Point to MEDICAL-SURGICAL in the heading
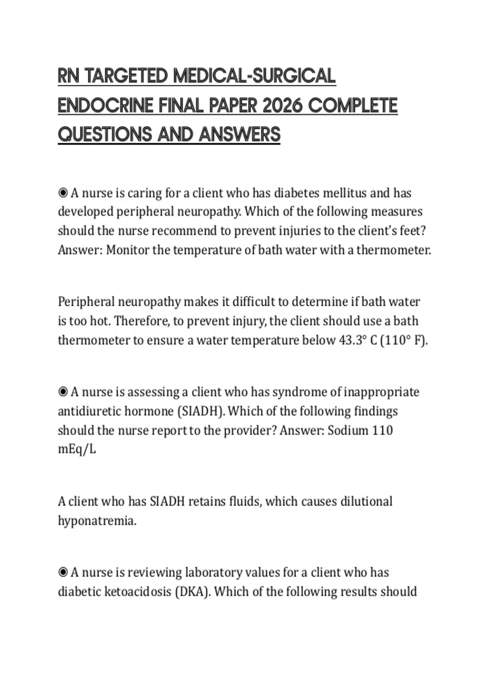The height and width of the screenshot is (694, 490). [254, 76]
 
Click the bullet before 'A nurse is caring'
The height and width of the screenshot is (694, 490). [63, 192]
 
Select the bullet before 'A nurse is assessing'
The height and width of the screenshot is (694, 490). [63, 392]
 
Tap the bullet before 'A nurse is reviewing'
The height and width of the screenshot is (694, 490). [63, 572]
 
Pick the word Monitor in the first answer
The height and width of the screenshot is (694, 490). [127, 250]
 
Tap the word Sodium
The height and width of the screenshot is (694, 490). [348, 430]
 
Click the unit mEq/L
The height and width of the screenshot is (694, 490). [77, 449]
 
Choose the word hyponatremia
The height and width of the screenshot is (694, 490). [97, 521]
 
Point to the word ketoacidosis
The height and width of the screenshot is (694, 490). [138, 592]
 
